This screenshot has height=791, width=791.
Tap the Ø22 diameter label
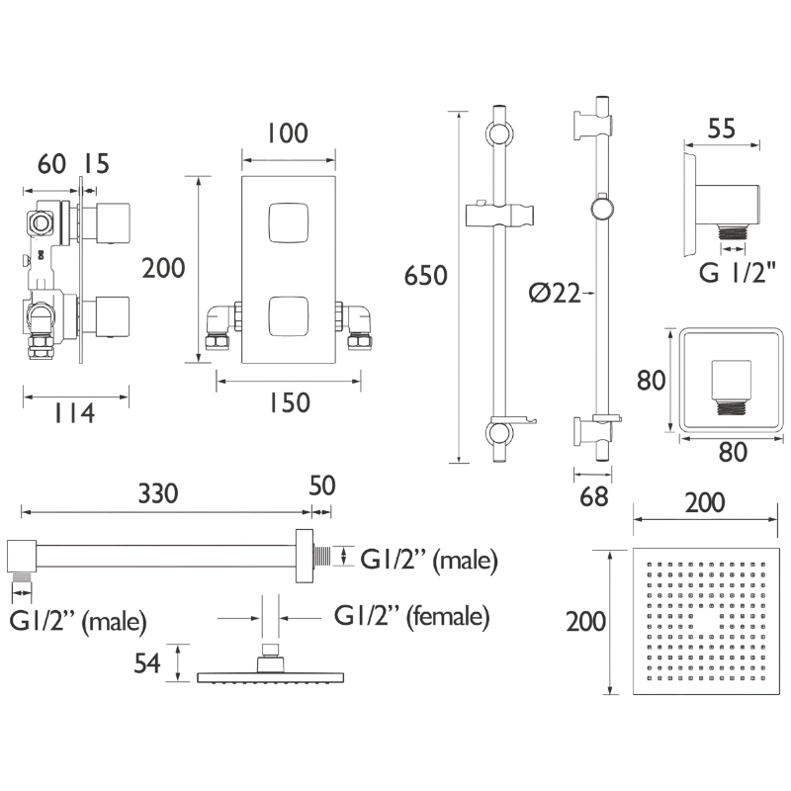tap(553, 293)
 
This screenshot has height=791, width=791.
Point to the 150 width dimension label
tap(289, 403)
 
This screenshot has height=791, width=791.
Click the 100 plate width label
tap(288, 132)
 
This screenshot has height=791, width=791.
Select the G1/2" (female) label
tap(412, 618)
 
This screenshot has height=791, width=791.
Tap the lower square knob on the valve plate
tap(288, 316)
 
